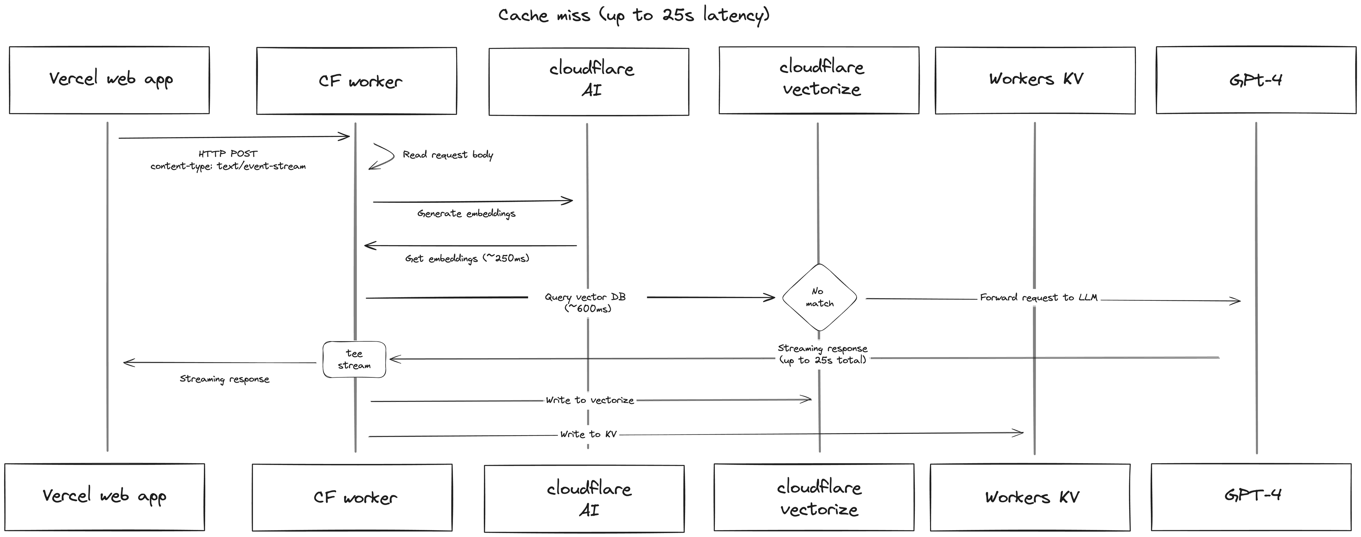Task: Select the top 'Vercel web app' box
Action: point(110,80)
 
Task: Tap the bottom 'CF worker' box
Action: point(352,497)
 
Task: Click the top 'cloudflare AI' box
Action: point(589,81)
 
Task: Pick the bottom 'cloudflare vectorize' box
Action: point(814,497)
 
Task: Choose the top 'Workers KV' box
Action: point(1035,80)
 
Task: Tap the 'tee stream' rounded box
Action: point(354,359)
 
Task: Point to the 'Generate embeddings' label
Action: point(466,214)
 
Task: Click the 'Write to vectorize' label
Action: point(590,400)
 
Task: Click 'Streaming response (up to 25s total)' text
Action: point(823,354)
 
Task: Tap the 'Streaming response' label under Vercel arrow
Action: point(225,379)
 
